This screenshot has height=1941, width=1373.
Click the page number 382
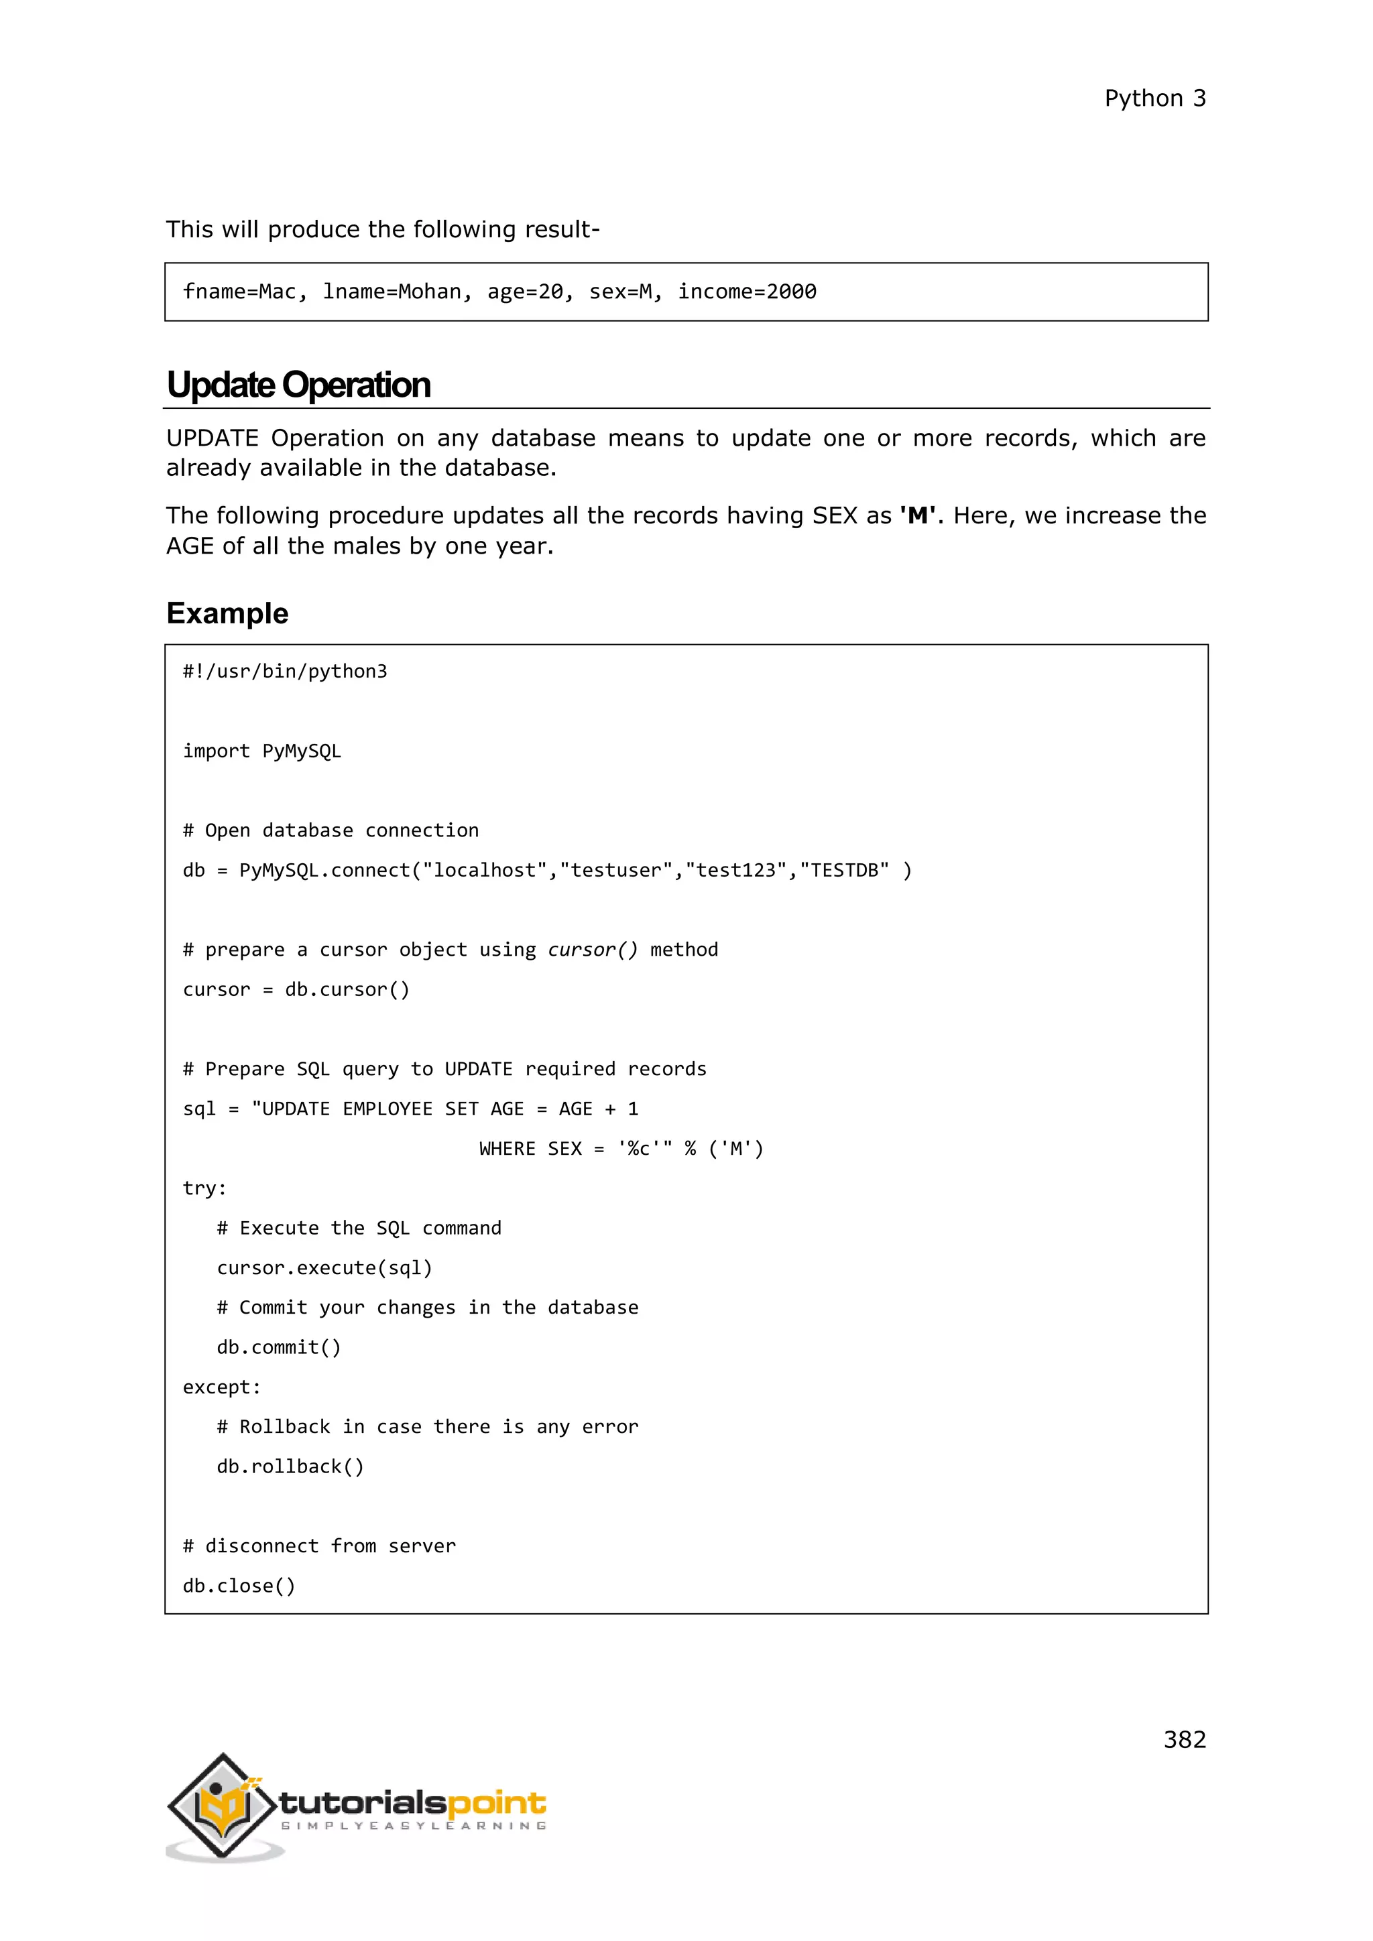[x=1184, y=1739]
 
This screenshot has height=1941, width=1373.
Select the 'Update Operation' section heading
[x=298, y=385]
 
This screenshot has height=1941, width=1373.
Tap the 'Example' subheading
[x=227, y=613]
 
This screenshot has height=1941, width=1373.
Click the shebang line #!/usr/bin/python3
[x=285, y=671]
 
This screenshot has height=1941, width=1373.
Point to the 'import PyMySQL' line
[x=262, y=751]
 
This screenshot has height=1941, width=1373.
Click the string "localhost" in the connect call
[x=485, y=870]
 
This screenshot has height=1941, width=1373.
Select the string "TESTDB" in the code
[x=844, y=870]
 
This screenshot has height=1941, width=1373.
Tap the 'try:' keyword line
[x=204, y=1188]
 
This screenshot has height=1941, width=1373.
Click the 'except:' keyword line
[x=221, y=1387]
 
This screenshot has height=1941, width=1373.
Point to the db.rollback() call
[x=290, y=1466]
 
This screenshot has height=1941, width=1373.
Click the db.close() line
[x=239, y=1585]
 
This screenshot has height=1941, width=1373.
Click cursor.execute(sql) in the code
[x=324, y=1267]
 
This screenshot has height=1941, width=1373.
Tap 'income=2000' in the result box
[x=747, y=292]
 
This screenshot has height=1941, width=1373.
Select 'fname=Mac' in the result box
[x=239, y=292]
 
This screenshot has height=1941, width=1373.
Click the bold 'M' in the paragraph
[x=916, y=515]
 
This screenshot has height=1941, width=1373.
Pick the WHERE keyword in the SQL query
[x=508, y=1148]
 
